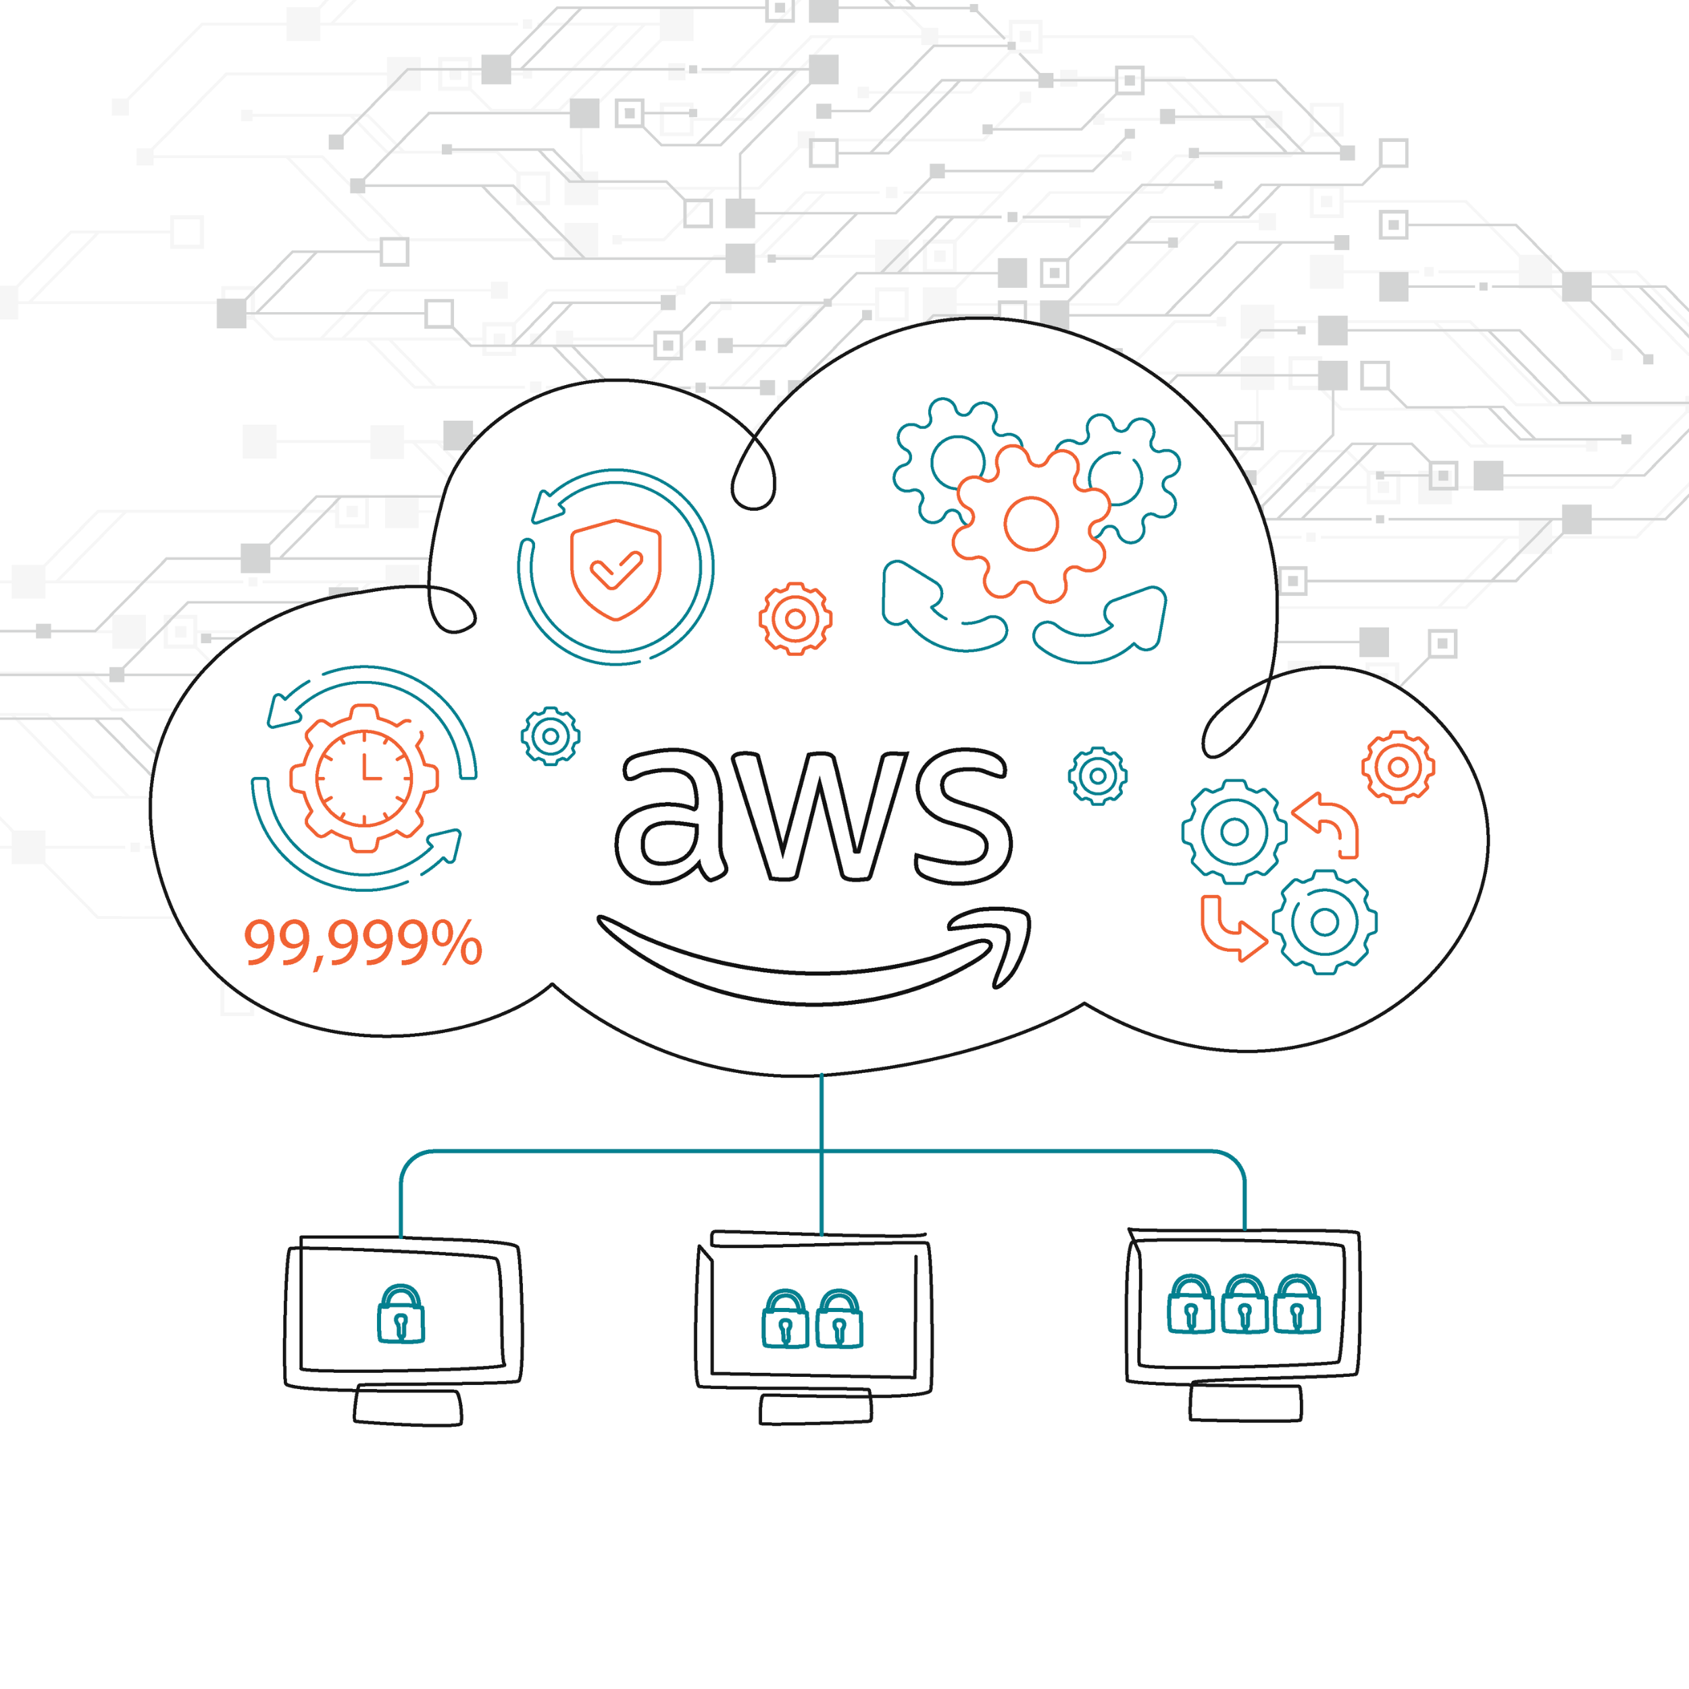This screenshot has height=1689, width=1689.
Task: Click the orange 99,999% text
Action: click(362, 942)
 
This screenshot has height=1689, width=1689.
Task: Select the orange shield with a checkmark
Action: click(615, 569)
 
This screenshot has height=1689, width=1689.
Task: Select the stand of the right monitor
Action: click(1245, 1403)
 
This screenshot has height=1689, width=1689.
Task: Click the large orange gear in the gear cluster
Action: click(1031, 524)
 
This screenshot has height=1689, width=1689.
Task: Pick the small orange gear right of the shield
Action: click(795, 619)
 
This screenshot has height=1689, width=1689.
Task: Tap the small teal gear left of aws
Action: click(551, 736)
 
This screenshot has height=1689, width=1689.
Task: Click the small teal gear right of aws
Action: click(1097, 776)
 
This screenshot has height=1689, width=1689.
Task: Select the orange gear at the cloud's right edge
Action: click(1398, 767)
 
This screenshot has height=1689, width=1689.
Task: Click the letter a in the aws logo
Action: click(669, 817)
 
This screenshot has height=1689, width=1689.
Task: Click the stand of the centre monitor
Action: click(815, 1409)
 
